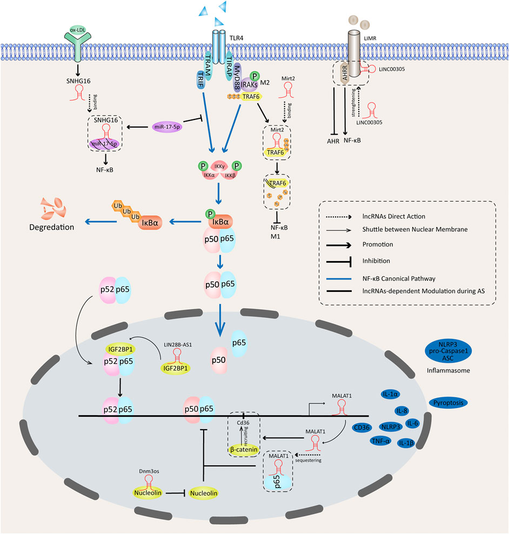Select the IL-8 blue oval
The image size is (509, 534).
point(403,411)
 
